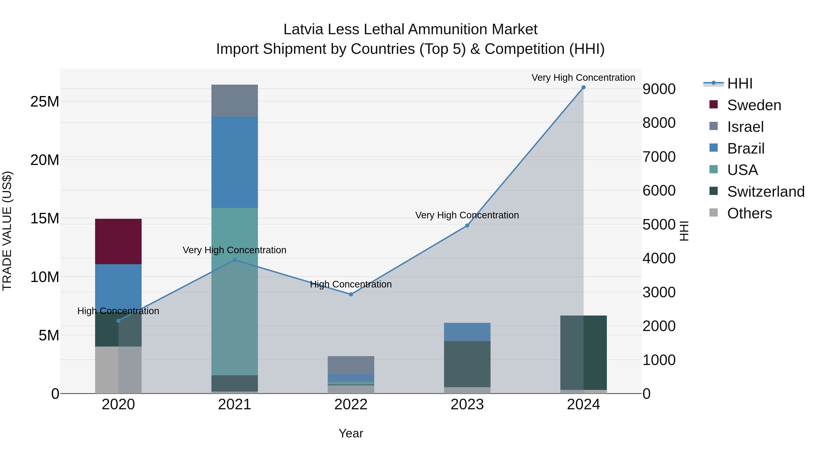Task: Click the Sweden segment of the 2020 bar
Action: [x=118, y=241]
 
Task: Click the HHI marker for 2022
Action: [x=351, y=294]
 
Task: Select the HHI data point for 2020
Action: [x=118, y=321]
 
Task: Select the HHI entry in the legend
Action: [x=739, y=84]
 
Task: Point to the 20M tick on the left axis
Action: [x=45, y=160]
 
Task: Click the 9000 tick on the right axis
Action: [x=659, y=89]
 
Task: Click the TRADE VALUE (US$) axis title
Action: [x=7, y=231]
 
